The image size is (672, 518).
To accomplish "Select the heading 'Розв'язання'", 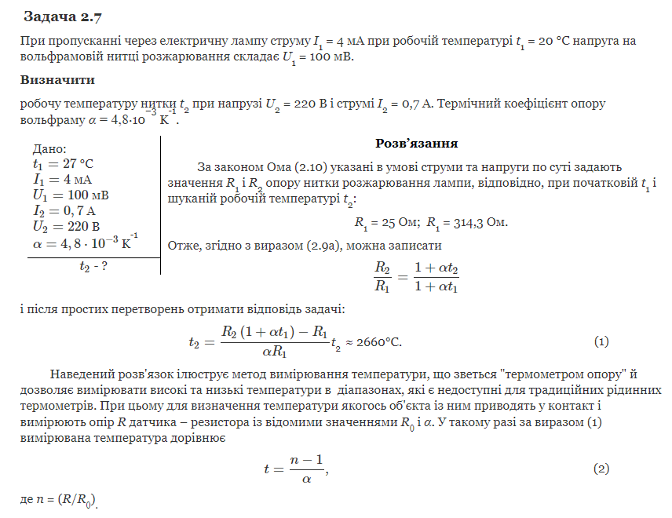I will click(416, 144).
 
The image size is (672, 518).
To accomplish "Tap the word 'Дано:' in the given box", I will click(49, 150).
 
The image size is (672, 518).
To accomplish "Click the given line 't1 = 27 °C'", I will click(63, 164).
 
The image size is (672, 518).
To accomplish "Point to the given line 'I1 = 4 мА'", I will click(62, 180).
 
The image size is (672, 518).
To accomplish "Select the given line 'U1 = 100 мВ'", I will click(70, 195).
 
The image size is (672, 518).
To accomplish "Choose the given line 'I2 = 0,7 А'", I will click(64, 211).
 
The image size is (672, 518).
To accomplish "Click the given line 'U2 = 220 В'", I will click(66, 227).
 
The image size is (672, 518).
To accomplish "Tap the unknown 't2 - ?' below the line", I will click(93, 267).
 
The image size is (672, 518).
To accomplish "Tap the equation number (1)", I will click(601, 342).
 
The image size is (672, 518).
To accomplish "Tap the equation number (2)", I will click(601, 469).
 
